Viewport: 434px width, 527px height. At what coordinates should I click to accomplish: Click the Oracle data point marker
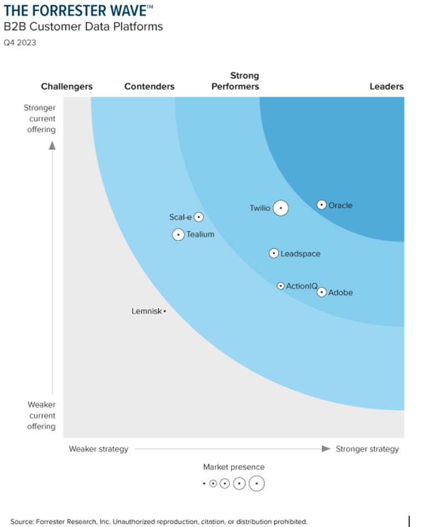tap(321, 205)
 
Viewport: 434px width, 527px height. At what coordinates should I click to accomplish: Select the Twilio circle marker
tap(281, 208)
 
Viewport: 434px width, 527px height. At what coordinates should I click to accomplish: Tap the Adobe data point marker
tap(321, 292)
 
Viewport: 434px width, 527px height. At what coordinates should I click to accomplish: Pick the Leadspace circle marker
tap(274, 254)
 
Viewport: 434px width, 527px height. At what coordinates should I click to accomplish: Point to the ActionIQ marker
tap(281, 286)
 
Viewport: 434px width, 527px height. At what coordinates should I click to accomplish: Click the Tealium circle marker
tap(178, 234)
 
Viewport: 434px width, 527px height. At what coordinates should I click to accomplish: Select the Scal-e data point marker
tap(198, 217)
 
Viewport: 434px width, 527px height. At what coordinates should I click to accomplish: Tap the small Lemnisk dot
tap(165, 311)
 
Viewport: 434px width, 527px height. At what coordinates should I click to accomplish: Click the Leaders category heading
tap(386, 86)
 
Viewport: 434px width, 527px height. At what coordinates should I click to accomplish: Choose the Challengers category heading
tap(67, 86)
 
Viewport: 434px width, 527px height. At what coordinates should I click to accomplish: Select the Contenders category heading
tap(149, 86)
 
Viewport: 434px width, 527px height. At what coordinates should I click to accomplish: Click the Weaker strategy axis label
tap(99, 449)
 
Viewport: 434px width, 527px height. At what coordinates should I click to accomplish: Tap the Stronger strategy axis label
tap(367, 449)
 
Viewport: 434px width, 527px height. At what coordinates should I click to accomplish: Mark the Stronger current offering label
tap(39, 118)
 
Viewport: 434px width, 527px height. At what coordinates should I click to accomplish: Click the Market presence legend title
tap(233, 467)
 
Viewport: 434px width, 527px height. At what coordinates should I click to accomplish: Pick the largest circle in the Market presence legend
tap(257, 484)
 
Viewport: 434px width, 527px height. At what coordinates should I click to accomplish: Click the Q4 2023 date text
tap(20, 42)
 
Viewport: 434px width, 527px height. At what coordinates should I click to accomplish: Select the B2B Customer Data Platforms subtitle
tap(83, 26)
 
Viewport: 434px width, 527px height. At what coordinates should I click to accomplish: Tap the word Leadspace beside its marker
tap(300, 254)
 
